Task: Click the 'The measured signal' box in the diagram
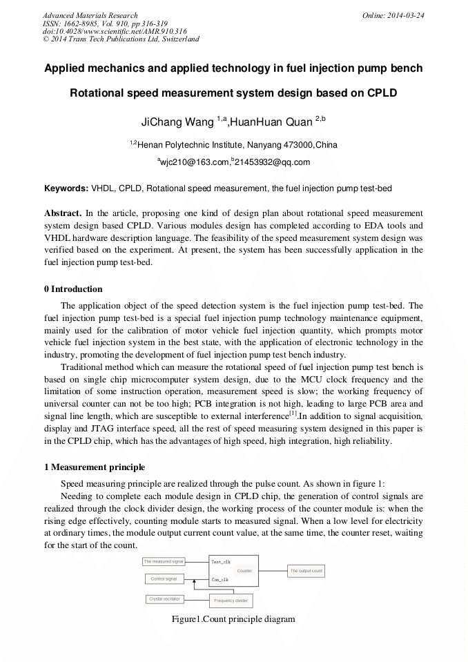click(x=163, y=562)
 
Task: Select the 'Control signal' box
click(x=164, y=578)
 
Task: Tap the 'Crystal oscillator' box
click(x=164, y=599)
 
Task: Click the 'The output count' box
click(x=306, y=571)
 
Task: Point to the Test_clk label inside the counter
click(x=220, y=563)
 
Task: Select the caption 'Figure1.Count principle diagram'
click(x=233, y=619)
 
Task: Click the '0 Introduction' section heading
click(x=73, y=289)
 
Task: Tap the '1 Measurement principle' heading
click(x=94, y=467)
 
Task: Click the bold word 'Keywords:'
click(x=66, y=188)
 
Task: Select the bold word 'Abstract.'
click(x=63, y=213)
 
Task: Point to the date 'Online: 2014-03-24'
click(x=393, y=15)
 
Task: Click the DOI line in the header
click(x=115, y=31)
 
